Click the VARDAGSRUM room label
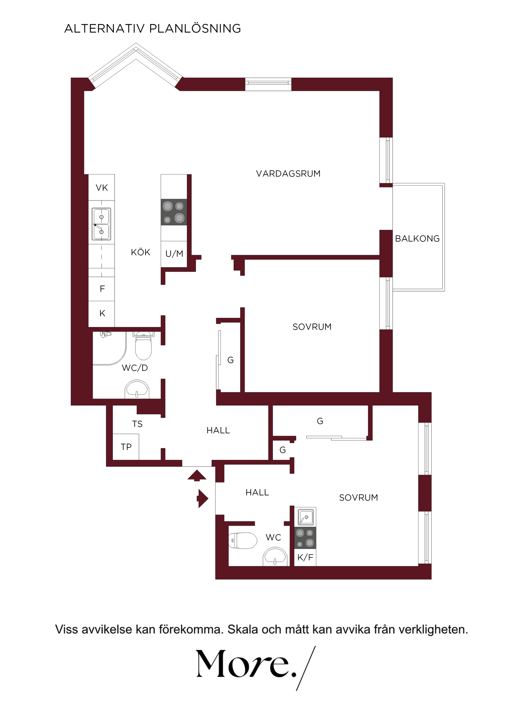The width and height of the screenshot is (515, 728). (x=288, y=174)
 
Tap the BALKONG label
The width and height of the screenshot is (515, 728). (x=417, y=238)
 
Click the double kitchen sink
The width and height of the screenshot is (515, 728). (x=102, y=224)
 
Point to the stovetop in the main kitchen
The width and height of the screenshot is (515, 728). (x=174, y=212)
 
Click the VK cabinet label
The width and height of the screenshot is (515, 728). (x=102, y=188)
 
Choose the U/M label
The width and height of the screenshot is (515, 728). (x=174, y=254)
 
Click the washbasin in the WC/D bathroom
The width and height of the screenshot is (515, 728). (x=137, y=389)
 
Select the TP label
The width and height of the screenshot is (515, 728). (x=126, y=447)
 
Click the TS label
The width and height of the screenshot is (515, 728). (x=137, y=424)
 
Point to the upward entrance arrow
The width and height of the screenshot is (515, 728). (x=197, y=475)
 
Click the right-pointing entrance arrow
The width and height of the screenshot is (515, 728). (x=203, y=498)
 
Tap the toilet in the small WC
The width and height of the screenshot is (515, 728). (x=243, y=540)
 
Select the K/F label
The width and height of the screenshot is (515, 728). (x=305, y=557)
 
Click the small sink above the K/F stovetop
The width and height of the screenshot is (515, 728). (x=306, y=517)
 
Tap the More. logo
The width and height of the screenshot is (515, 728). (x=255, y=668)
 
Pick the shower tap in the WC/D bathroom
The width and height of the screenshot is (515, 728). (x=106, y=334)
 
